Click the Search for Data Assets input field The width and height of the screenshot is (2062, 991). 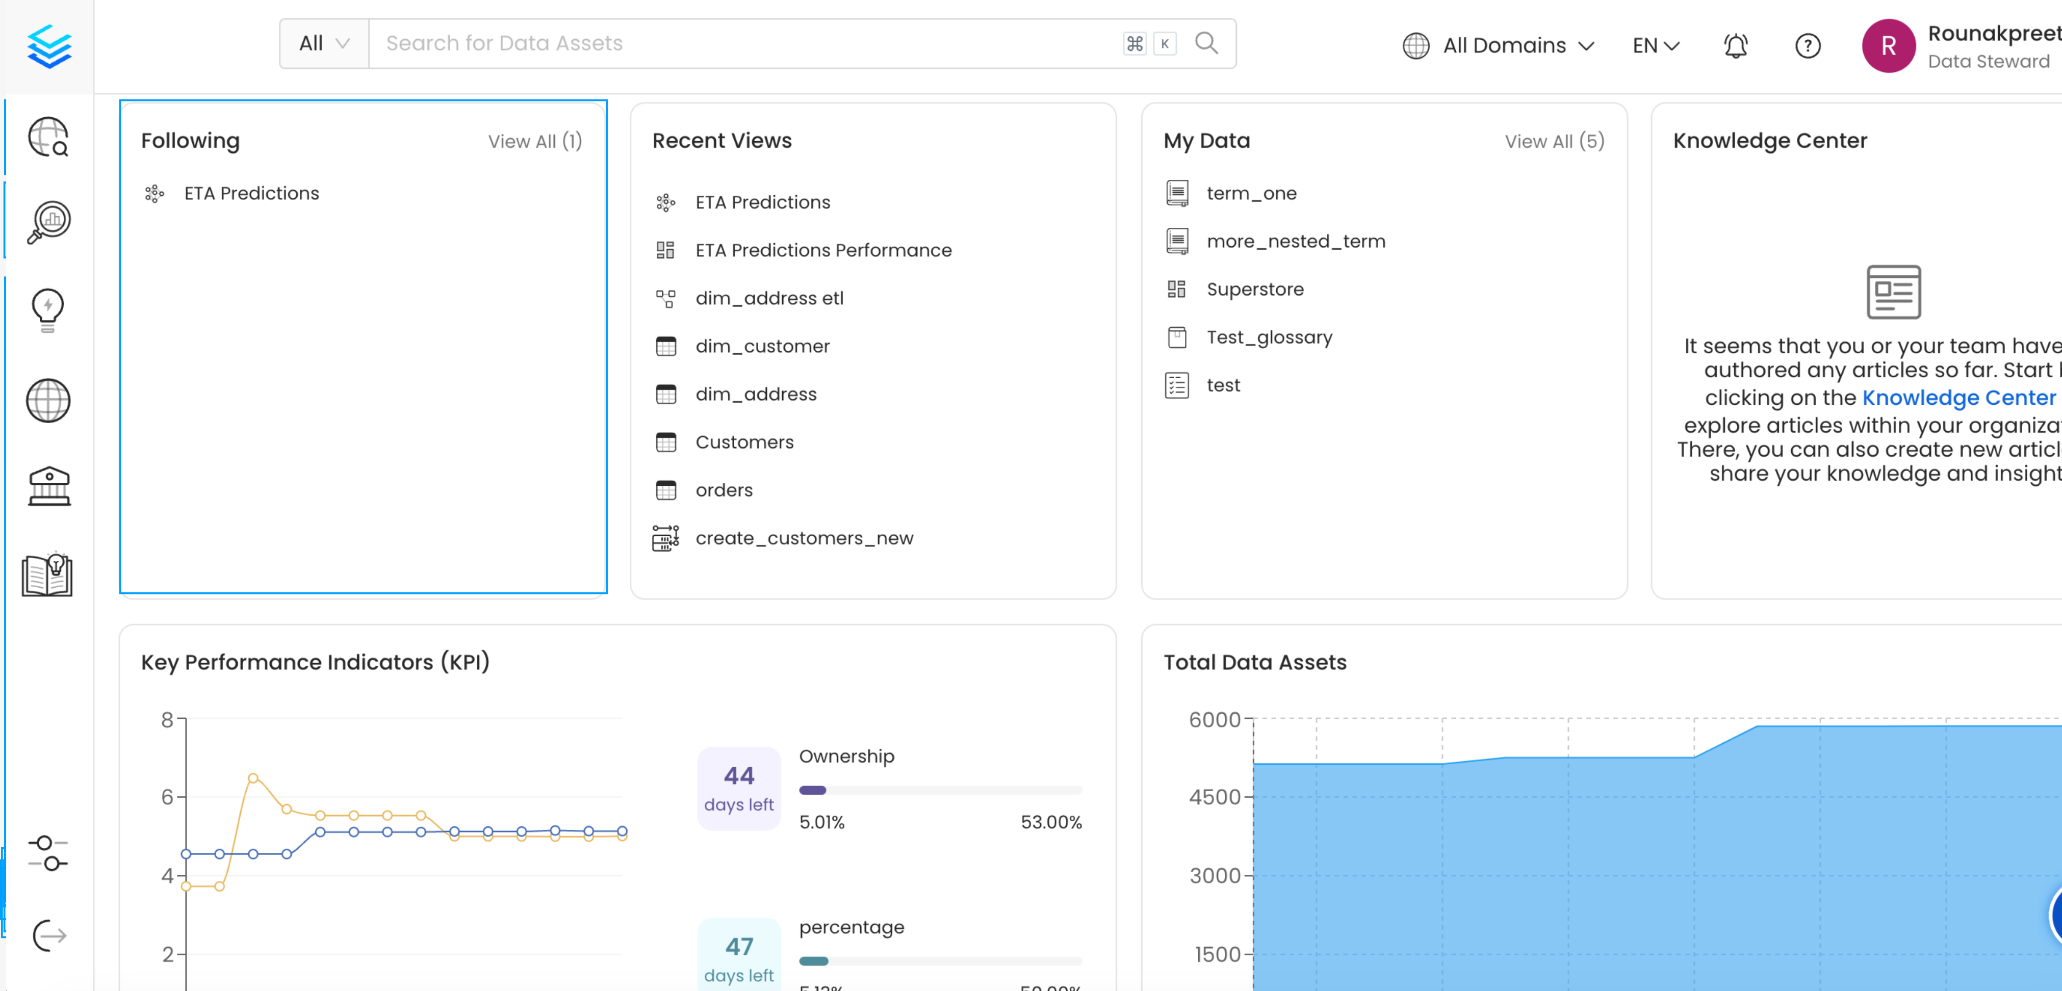pos(744,43)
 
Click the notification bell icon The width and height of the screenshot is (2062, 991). pos(1735,46)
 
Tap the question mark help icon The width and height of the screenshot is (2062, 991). pos(1808,46)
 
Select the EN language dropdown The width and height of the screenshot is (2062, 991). pos(1656,46)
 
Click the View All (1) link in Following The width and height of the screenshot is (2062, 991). pos(535,142)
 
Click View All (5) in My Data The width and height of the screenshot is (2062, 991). pos(1554,142)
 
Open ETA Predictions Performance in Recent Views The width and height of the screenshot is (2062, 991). pos(823,250)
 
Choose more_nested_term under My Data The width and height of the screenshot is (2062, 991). pos(1295,242)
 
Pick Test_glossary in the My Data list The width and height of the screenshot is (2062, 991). pos(1269,338)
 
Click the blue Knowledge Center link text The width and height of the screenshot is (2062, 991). pos(1958,398)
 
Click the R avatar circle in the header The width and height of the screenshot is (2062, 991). pos(1888,46)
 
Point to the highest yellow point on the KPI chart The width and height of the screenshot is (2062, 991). pos(253,778)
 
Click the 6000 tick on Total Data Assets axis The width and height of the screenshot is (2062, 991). pos(1215,720)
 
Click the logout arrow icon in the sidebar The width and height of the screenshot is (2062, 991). pos(49,935)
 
